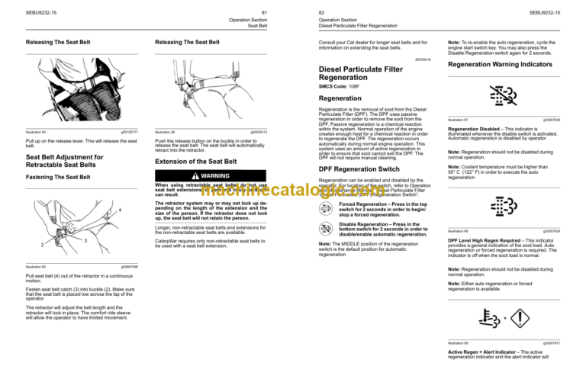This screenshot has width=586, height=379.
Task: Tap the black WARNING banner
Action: (210, 175)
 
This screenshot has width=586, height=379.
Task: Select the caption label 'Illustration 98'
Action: (459, 230)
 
